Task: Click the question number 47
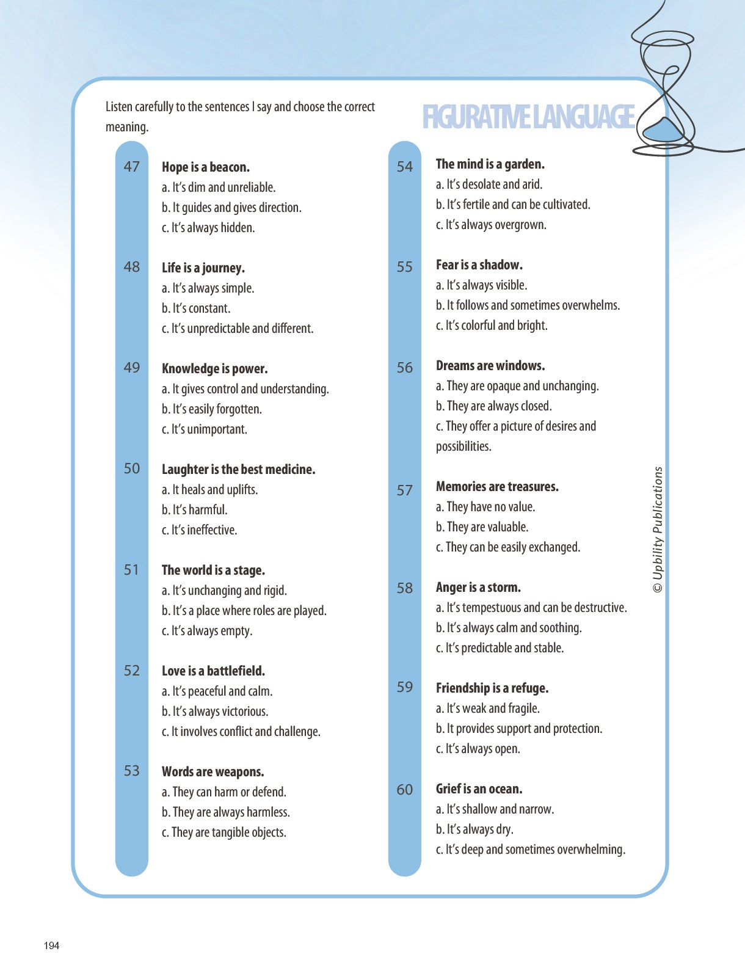(132, 167)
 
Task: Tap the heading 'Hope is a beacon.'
(206, 167)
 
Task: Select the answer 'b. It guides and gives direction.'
(231, 208)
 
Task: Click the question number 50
(132, 468)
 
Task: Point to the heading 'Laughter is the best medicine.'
(238, 470)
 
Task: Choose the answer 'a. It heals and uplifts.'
(209, 490)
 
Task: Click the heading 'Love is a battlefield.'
(213, 671)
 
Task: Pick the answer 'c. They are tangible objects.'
(223, 832)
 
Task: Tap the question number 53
(132, 771)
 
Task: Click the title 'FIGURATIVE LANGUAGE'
(528, 117)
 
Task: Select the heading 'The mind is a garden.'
(490, 164)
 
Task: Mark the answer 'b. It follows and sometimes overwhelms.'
(528, 305)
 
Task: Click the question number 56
(405, 368)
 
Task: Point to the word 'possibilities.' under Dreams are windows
(463, 446)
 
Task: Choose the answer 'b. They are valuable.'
(482, 527)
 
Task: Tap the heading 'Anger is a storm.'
(478, 588)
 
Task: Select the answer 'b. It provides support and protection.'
(518, 729)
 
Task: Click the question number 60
(405, 790)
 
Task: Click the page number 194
(52, 945)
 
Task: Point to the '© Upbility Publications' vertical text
(658, 530)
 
